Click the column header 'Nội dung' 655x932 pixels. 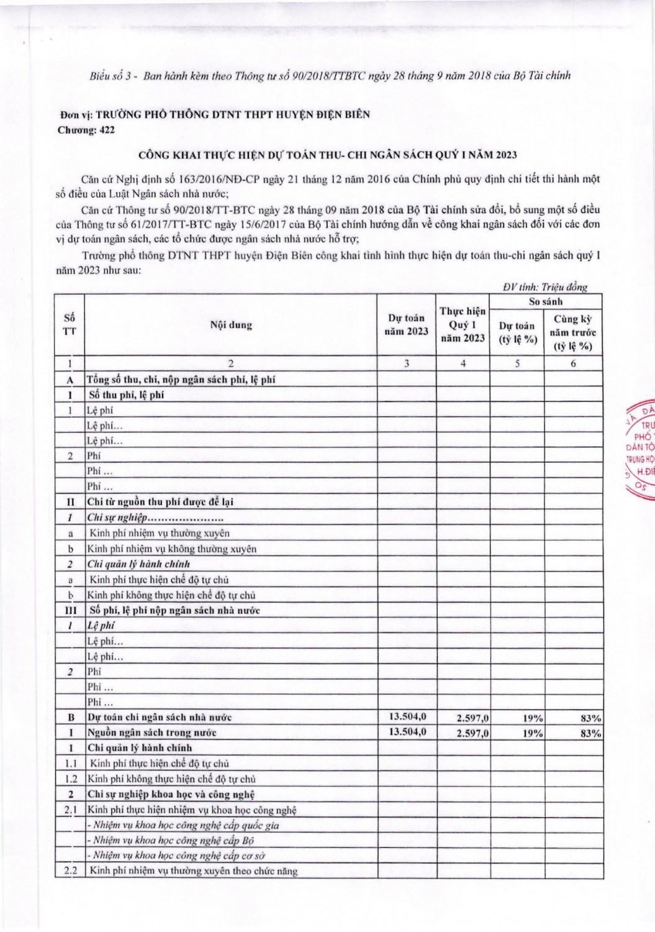[231, 325]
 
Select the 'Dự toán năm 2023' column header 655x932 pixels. [407, 324]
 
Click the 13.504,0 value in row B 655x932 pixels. [407, 717]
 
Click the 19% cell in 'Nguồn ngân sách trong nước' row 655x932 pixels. [533, 733]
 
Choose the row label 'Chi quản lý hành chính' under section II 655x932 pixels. [138, 564]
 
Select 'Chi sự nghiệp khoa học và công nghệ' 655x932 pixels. [171, 794]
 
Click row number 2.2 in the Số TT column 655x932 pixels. [70, 870]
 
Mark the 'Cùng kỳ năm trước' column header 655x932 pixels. [573, 332]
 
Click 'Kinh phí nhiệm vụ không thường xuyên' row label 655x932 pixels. [172, 549]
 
